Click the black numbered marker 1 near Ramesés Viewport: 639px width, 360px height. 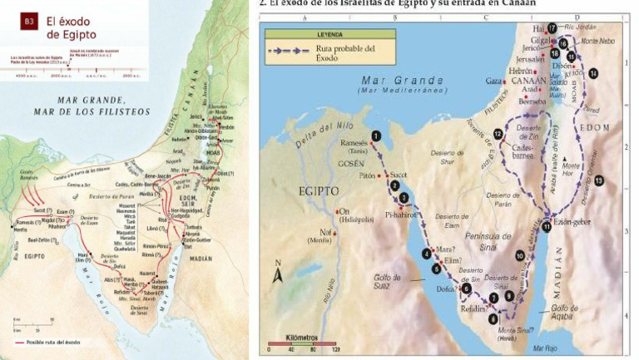(x=377, y=136)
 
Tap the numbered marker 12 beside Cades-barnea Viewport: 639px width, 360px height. (x=498, y=134)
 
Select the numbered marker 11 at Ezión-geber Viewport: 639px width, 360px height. (x=547, y=225)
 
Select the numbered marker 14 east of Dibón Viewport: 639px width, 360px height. (x=592, y=73)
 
